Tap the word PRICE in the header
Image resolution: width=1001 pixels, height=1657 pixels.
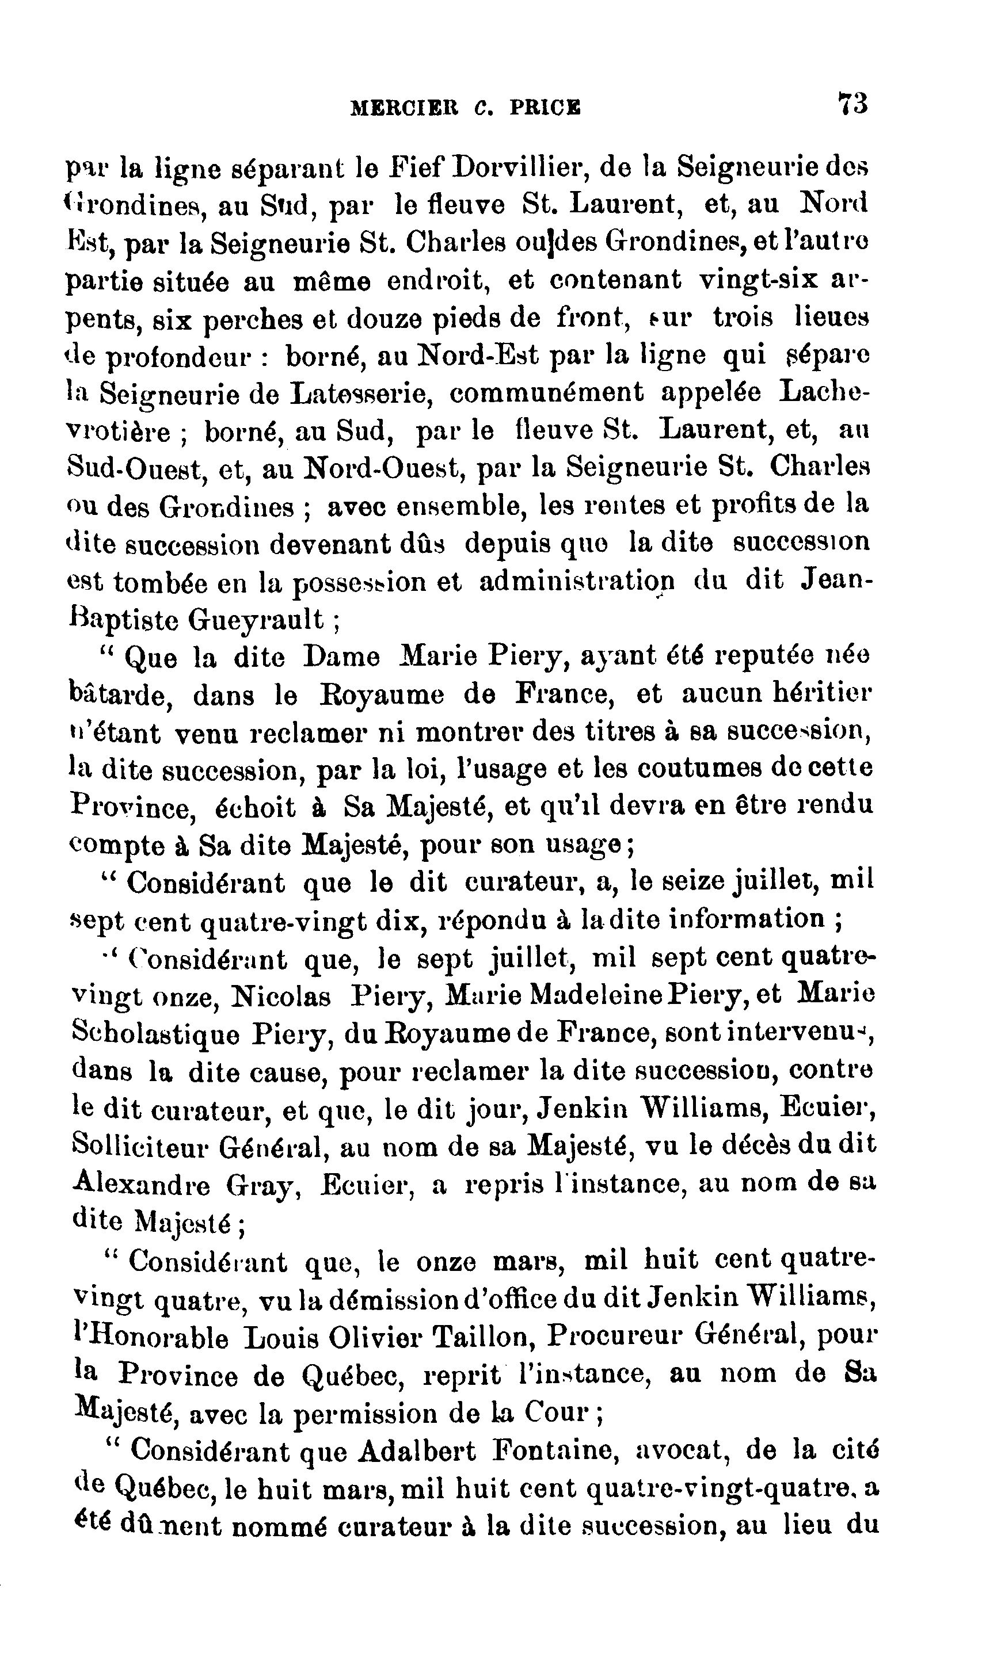point(546,108)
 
